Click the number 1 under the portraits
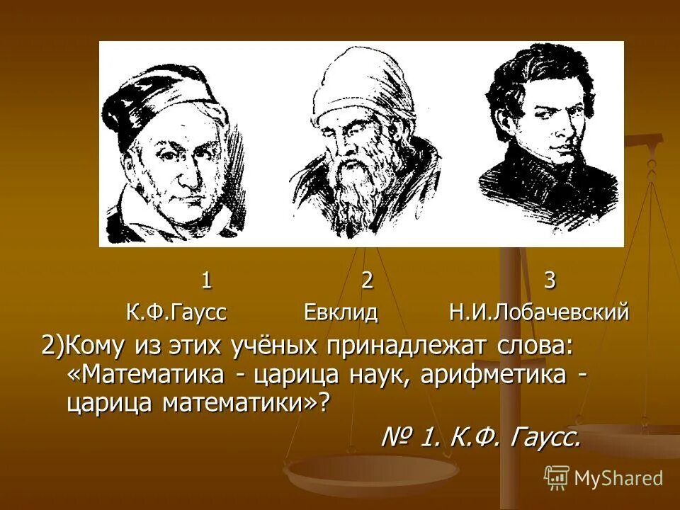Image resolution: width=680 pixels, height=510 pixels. (x=206, y=281)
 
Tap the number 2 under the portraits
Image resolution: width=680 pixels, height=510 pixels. (x=367, y=281)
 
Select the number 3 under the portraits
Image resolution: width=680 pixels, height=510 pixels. (x=550, y=281)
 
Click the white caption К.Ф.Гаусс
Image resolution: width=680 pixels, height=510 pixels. (x=176, y=312)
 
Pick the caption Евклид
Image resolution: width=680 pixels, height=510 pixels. (x=341, y=312)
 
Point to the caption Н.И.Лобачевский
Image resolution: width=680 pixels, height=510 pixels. (x=539, y=312)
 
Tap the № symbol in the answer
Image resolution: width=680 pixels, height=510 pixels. (x=397, y=437)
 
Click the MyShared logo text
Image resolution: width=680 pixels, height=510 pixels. (x=618, y=478)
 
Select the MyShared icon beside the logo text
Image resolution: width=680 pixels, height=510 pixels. (x=557, y=477)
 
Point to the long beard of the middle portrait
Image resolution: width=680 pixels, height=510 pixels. (x=353, y=191)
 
